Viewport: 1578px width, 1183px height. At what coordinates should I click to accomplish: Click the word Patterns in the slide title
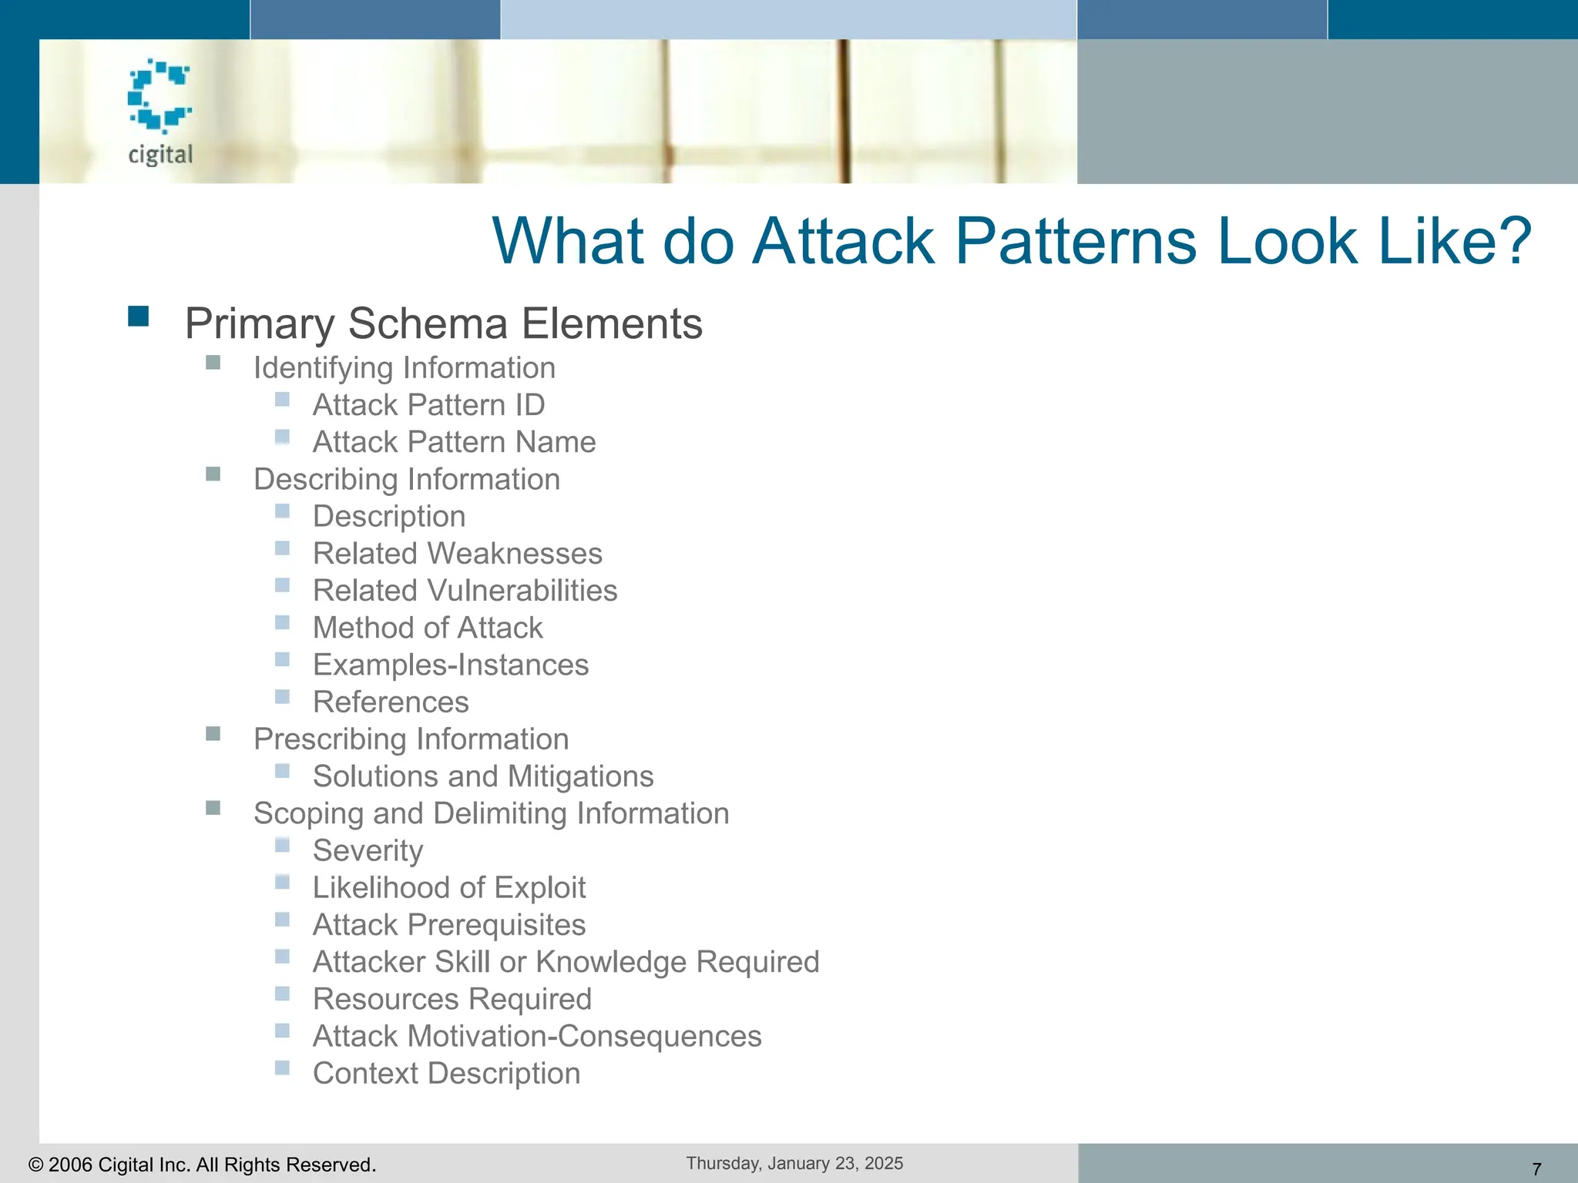[1077, 241]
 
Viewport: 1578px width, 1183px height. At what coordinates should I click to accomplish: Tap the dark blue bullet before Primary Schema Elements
[139, 317]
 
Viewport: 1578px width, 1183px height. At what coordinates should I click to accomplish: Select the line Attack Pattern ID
[428, 405]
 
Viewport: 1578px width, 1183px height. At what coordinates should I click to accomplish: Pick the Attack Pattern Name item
[454, 442]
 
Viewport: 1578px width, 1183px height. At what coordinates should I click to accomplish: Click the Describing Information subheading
[406, 479]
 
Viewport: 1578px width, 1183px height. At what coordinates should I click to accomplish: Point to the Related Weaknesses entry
[457, 554]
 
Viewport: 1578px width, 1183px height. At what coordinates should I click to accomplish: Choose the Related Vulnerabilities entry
[465, 591]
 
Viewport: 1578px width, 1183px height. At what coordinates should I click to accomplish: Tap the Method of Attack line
[428, 628]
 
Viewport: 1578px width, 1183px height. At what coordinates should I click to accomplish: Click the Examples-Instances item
[450, 665]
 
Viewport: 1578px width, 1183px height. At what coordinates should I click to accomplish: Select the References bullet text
[391, 702]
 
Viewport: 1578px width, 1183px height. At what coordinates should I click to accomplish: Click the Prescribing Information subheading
[411, 739]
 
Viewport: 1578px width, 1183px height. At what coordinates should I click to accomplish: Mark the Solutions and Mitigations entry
[482, 776]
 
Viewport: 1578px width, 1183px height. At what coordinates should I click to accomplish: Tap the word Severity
[368, 851]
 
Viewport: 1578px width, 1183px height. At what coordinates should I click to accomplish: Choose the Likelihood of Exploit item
[448, 888]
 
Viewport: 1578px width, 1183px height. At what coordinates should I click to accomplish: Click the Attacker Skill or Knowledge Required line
[566, 962]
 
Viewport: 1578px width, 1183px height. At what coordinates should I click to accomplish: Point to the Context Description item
[446, 1074]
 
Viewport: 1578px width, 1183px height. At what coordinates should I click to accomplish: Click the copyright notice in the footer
[202, 1165]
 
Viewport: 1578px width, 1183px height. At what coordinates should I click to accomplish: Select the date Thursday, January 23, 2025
[794, 1163]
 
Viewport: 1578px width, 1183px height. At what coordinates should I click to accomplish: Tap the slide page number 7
[1536, 1169]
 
